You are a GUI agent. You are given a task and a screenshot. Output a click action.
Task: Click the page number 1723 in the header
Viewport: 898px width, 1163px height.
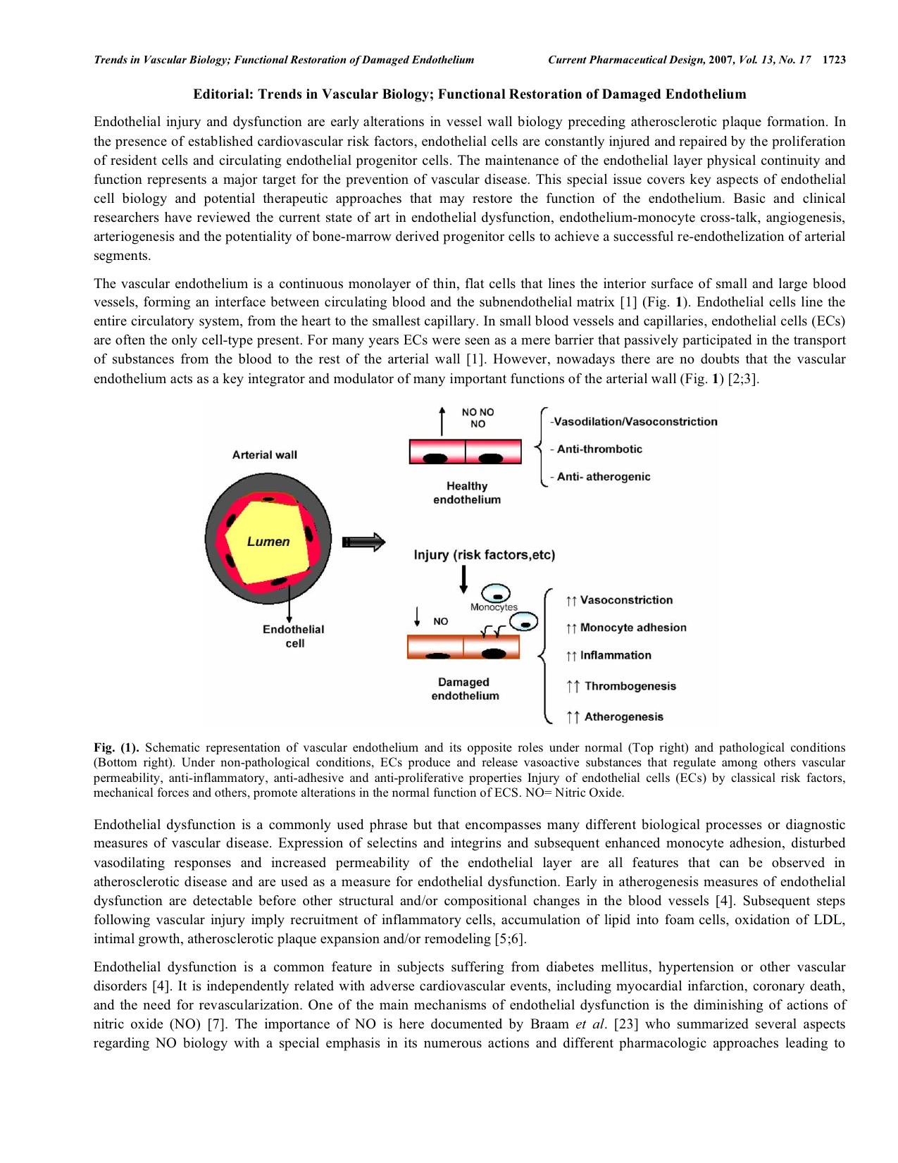coord(833,60)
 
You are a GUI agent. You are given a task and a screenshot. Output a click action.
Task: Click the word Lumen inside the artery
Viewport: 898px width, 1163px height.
coord(268,542)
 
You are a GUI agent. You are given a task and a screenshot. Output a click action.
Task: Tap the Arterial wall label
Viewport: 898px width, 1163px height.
coord(265,455)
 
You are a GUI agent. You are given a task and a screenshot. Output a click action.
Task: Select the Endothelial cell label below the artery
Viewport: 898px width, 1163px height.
coord(294,636)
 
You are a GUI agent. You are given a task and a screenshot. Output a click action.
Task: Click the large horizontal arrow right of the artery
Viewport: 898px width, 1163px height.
coord(363,542)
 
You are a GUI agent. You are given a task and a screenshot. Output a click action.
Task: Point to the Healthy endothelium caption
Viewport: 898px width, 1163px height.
coord(467,492)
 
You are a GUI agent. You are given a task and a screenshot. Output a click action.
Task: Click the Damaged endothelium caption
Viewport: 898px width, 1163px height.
coord(463,689)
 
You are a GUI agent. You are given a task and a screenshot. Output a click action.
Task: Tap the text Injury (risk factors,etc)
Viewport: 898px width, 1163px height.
coord(485,555)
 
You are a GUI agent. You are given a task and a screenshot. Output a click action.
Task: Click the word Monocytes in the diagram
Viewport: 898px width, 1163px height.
coord(494,607)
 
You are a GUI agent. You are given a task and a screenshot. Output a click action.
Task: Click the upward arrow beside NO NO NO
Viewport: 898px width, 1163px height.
coord(442,421)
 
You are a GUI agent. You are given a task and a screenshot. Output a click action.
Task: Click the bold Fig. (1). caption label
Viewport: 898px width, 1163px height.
coord(116,747)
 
